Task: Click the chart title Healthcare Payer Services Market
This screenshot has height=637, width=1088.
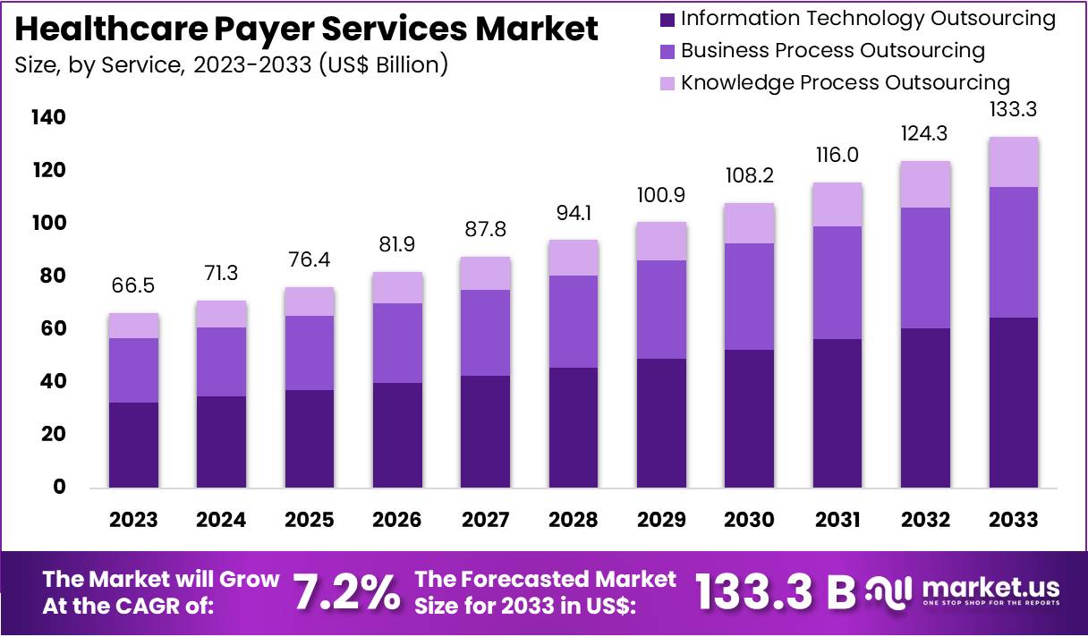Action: point(307,30)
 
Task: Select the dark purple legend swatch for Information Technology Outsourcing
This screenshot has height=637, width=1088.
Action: point(666,19)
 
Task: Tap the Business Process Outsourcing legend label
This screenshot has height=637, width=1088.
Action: point(832,51)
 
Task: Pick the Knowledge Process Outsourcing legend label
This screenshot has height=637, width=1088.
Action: point(845,83)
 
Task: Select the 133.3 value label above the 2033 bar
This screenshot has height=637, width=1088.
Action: point(1013,110)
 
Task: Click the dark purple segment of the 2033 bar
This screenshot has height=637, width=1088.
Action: point(1013,403)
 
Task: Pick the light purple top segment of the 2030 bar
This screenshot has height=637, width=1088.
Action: point(749,224)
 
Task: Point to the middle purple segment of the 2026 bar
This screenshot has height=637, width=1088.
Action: point(397,343)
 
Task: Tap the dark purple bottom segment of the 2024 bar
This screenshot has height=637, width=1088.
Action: point(221,442)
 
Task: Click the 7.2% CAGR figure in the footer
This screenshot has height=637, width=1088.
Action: point(346,592)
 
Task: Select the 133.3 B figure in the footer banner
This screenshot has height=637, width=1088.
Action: point(775,592)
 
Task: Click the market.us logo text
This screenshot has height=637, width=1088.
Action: point(990,588)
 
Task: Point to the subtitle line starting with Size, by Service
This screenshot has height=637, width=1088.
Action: point(231,65)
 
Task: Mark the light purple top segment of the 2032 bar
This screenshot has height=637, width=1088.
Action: point(925,184)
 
